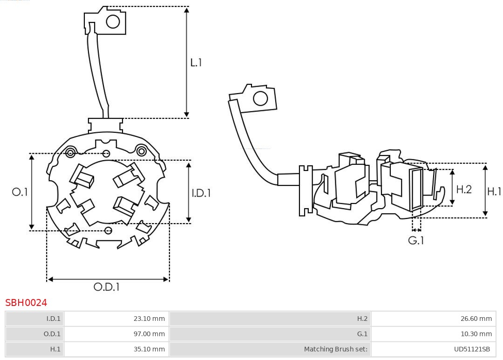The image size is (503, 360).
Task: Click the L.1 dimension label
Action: (x=196, y=62)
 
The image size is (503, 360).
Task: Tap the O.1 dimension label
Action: (x=20, y=192)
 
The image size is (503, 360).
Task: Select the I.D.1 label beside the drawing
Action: (x=201, y=192)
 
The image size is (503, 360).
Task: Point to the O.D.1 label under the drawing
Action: (x=107, y=287)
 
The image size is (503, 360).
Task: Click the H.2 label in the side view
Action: (x=464, y=189)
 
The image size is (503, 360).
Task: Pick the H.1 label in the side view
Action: (x=494, y=191)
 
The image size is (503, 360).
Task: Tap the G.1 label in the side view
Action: (x=416, y=240)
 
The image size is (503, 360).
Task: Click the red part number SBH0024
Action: (x=26, y=303)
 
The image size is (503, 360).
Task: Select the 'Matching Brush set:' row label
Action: (x=335, y=349)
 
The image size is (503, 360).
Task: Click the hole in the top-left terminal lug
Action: (x=113, y=21)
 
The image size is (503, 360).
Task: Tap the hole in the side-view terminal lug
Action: (x=260, y=99)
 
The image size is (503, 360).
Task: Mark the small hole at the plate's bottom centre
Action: (x=109, y=230)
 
